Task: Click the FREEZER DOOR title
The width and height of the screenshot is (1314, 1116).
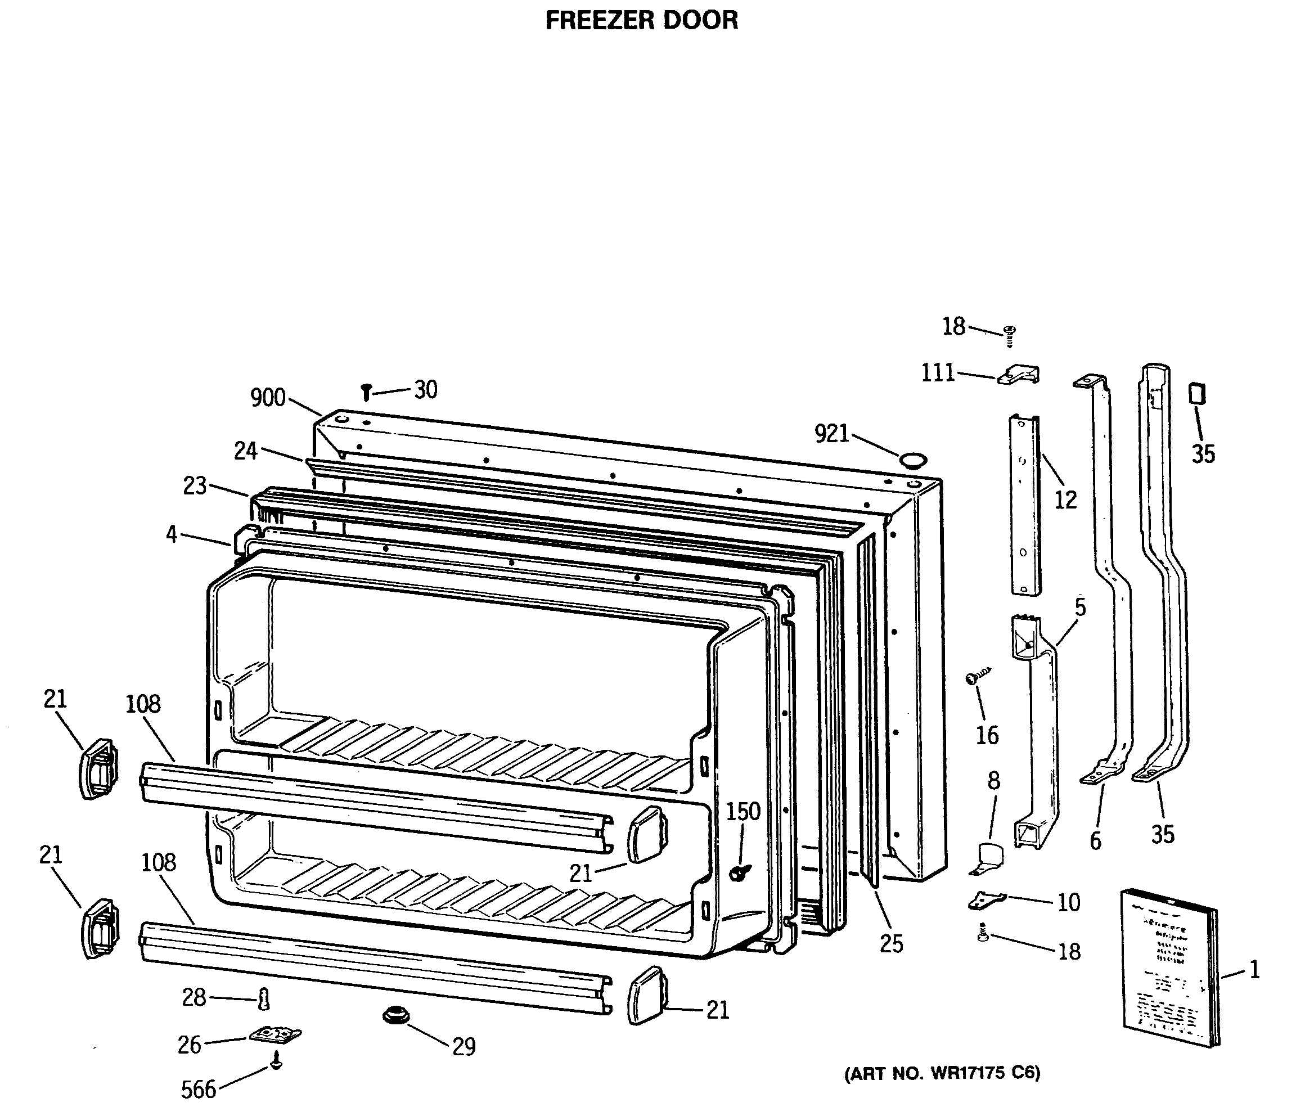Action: click(x=641, y=20)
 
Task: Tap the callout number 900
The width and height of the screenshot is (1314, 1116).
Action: click(x=268, y=398)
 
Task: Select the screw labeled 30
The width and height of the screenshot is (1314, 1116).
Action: click(x=366, y=392)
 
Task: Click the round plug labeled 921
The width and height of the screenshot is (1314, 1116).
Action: click(x=912, y=460)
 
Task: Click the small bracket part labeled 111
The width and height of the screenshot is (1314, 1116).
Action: click(x=1019, y=375)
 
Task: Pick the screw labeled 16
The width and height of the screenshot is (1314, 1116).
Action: click(x=975, y=677)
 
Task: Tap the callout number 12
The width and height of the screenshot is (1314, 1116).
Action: click(x=1065, y=500)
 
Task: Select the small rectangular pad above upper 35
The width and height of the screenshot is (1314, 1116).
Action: click(x=1196, y=394)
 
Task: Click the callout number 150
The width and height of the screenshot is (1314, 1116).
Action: click(x=742, y=812)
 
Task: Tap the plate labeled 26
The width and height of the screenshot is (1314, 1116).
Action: click(x=275, y=1035)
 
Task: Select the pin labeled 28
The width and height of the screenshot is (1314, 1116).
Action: click(x=264, y=1000)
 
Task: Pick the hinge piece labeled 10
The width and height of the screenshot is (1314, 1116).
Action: click(x=985, y=899)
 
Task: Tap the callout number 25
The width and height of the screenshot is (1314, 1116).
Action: click(x=891, y=944)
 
